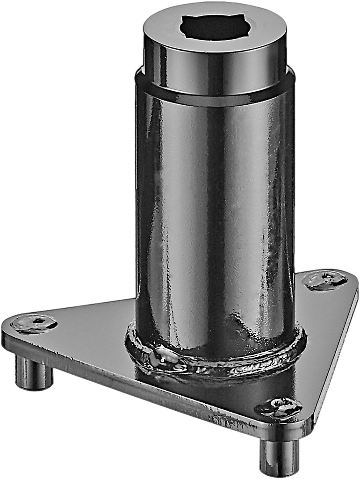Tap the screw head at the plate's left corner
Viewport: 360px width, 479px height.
(x=34, y=323)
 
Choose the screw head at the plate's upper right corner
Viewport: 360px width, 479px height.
(x=325, y=280)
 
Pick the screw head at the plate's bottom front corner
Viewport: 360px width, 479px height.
(x=279, y=408)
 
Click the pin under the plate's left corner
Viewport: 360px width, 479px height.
(x=34, y=372)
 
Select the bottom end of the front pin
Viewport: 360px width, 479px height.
(x=279, y=472)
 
